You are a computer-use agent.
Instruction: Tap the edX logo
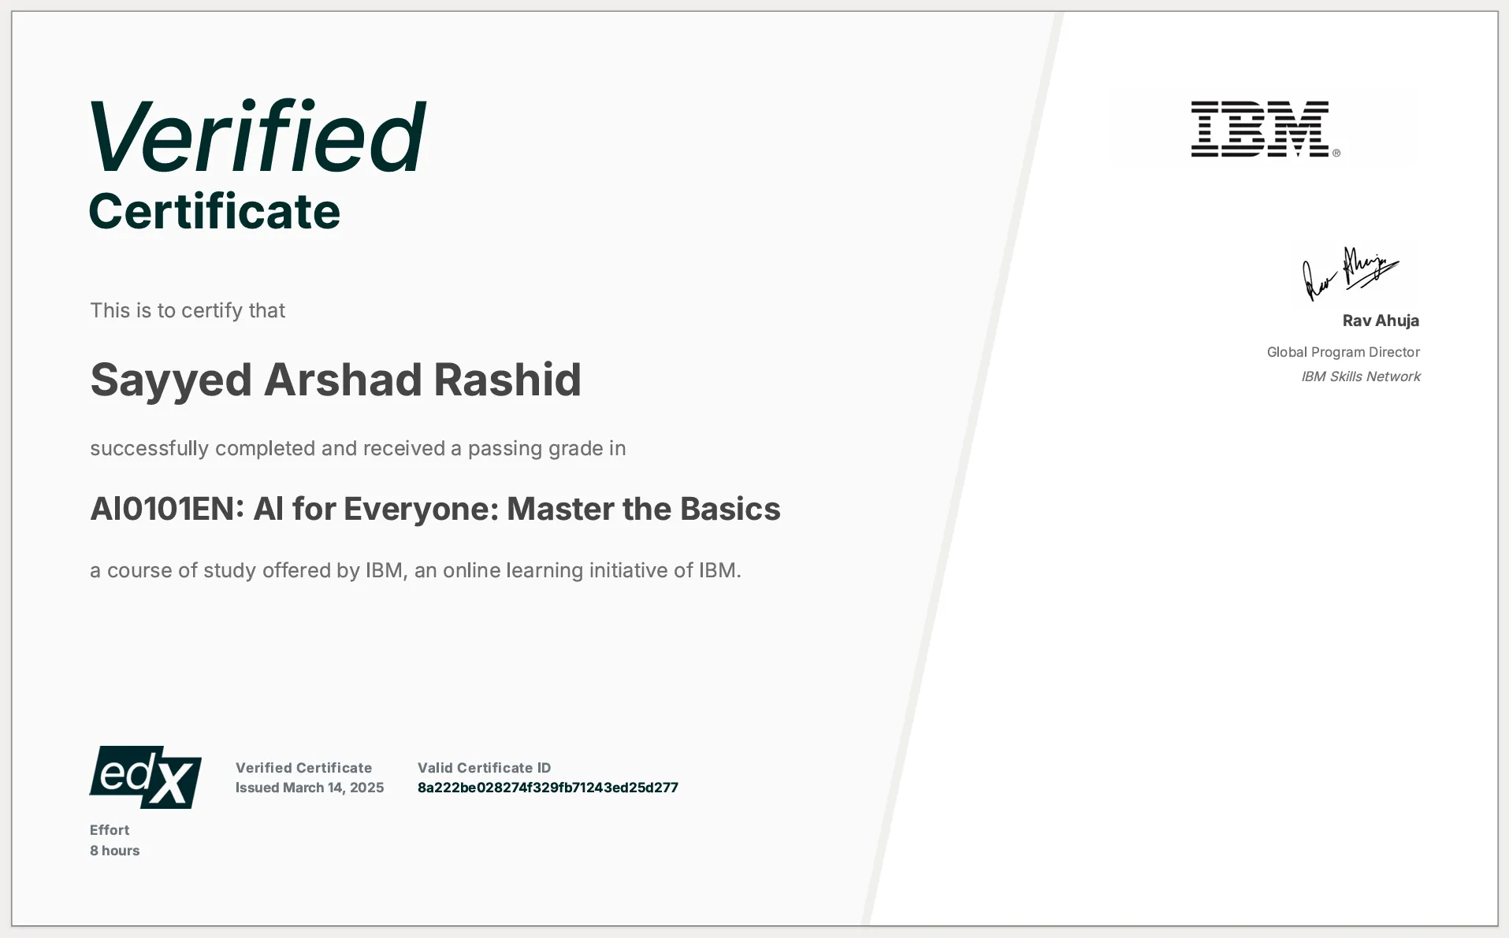146,777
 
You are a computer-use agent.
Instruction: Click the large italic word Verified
258,137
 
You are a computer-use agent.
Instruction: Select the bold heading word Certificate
214,212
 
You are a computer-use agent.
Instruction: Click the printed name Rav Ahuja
1381,321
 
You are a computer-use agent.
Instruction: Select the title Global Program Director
1343,352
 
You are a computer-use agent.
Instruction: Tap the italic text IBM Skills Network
1360,376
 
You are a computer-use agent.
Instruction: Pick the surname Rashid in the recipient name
507,380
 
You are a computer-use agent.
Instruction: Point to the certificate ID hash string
548,788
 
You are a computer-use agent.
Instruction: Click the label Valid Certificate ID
484,768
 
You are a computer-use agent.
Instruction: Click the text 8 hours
114,851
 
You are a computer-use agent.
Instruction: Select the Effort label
110,830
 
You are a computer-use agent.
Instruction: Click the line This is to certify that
188,310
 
